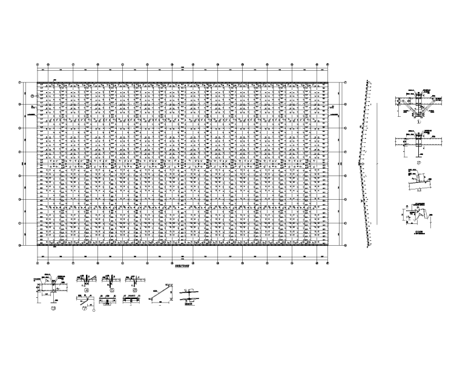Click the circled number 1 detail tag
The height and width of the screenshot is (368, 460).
click(x=418, y=120)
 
